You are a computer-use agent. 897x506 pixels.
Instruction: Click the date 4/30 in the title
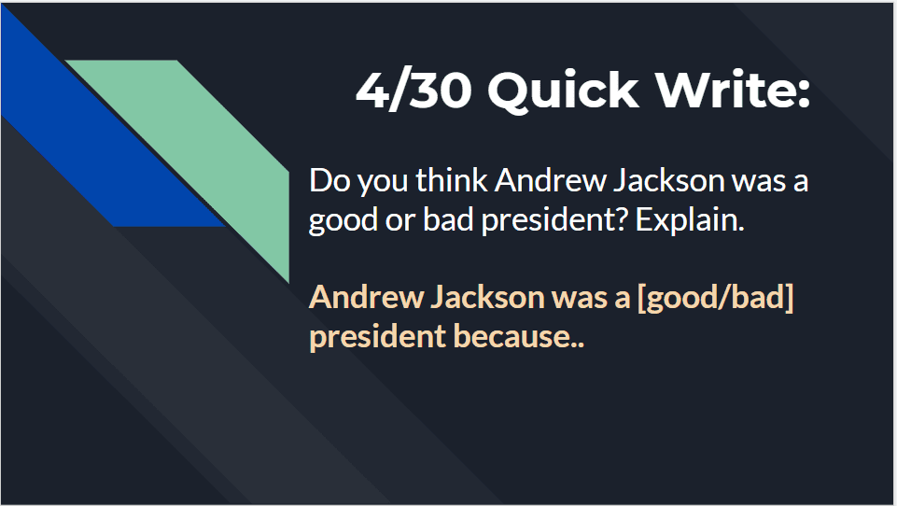pos(413,91)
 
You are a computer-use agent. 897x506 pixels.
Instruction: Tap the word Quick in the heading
pos(563,91)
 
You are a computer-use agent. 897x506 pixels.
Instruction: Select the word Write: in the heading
pos(733,90)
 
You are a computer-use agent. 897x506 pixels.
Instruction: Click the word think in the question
pos(452,180)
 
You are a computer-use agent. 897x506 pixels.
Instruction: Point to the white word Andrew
pos(551,180)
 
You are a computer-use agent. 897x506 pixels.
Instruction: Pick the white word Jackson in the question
pos(669,180)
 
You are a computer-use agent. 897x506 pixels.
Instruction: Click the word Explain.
pos(690,220)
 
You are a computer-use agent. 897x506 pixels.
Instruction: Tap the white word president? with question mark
pos(554,220)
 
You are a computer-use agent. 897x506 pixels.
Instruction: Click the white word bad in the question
pos(448,219)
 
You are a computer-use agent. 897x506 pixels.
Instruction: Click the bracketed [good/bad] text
pos(715,298)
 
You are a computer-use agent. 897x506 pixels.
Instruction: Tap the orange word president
pos(377,337)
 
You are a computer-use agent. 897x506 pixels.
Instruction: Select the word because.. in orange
pos(518,336)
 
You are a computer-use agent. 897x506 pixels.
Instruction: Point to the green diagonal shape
pos(212,148)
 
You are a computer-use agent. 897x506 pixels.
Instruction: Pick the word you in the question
pos(382,183)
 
